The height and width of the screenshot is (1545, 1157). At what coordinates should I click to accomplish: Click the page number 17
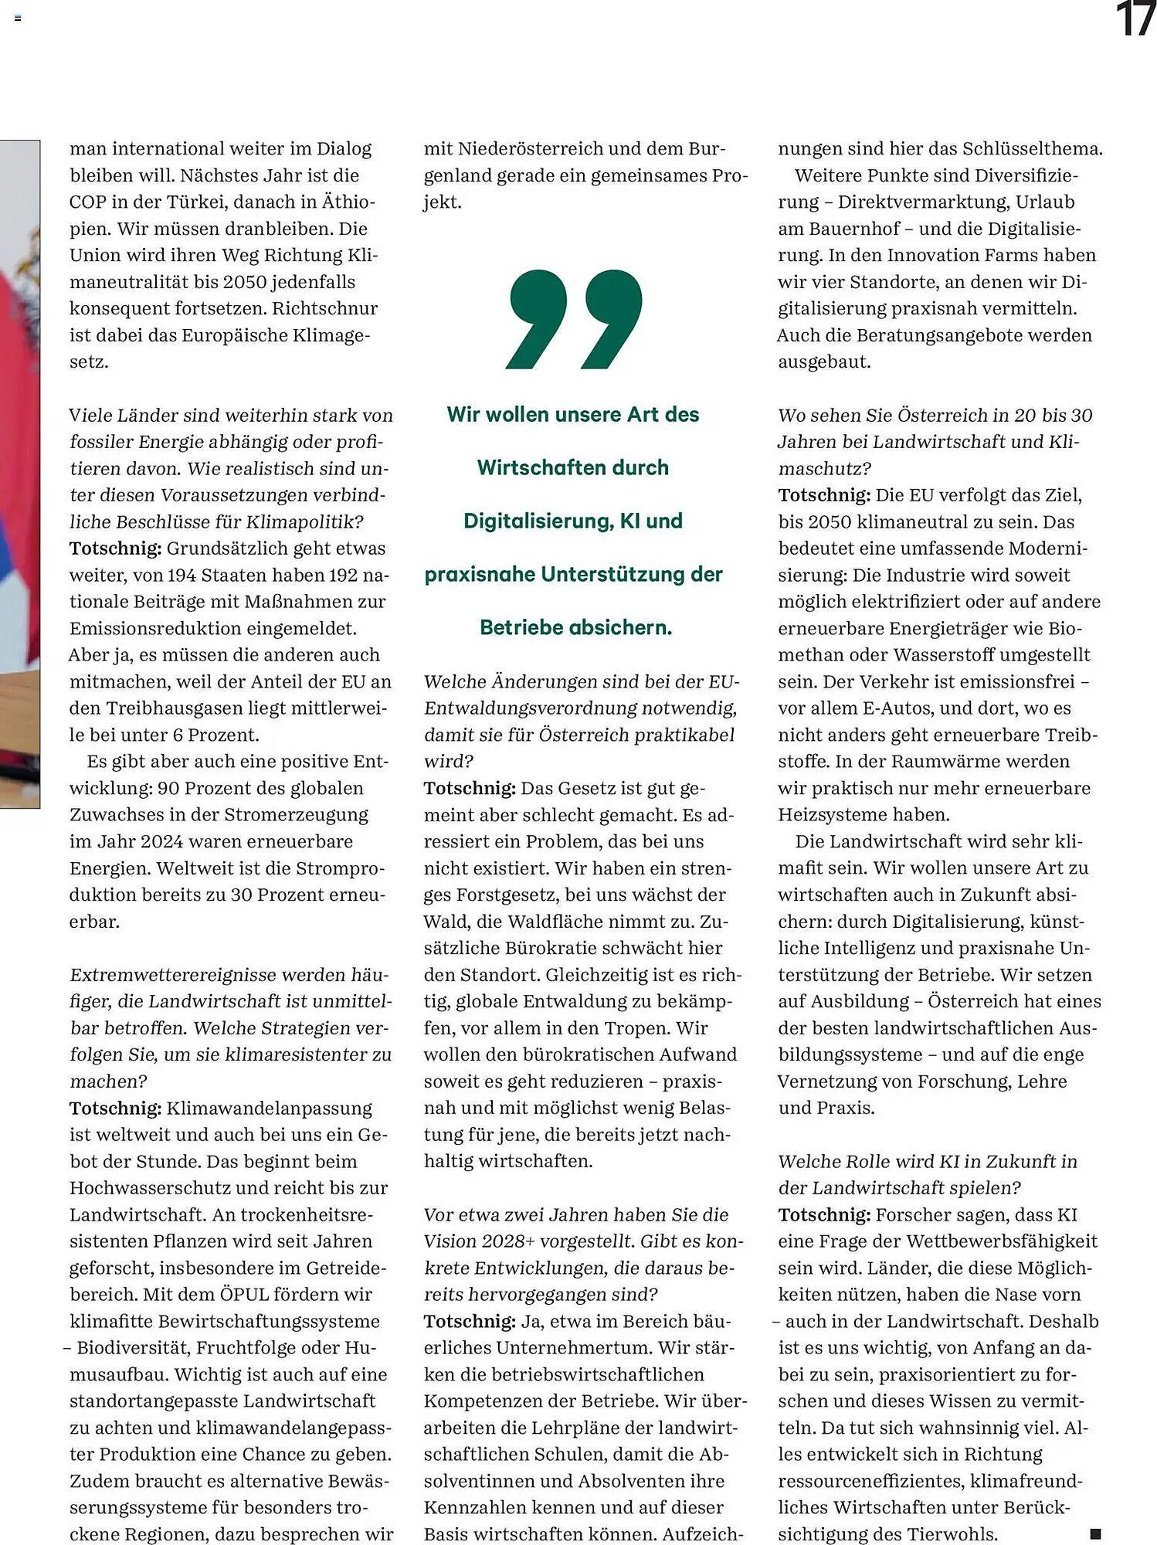1135,19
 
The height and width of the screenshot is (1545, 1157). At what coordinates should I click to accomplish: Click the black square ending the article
1094,1533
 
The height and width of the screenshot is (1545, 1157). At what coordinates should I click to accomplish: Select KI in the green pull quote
630,521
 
